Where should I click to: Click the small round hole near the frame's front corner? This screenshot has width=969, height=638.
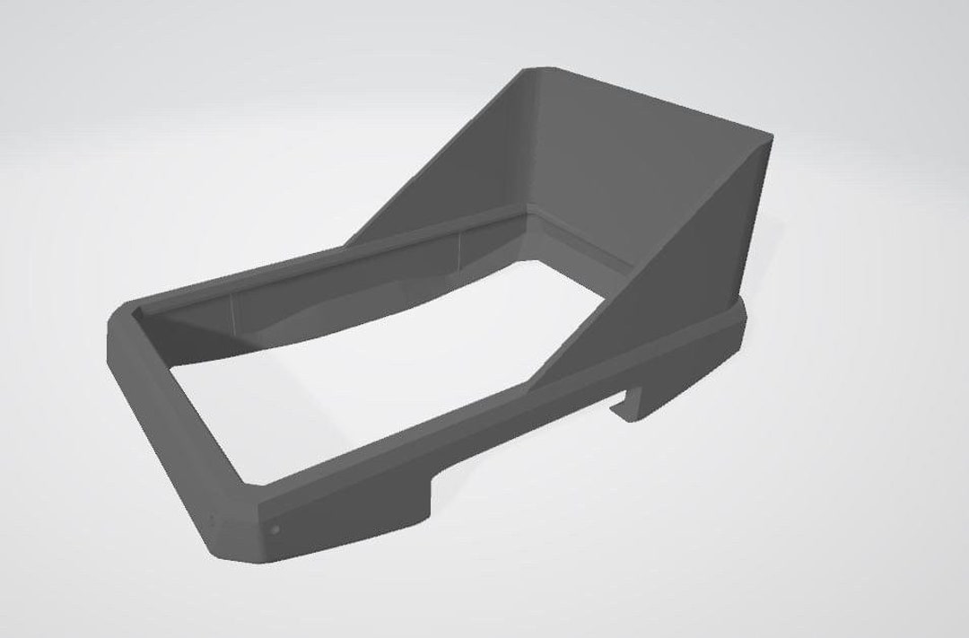point(275,529)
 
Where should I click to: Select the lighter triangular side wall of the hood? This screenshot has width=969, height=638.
point(682,260)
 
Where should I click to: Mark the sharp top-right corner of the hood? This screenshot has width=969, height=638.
point(770,137)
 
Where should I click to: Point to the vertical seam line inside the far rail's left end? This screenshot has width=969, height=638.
point(231,314)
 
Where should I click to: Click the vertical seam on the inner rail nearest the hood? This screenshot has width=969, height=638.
point(459,250)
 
